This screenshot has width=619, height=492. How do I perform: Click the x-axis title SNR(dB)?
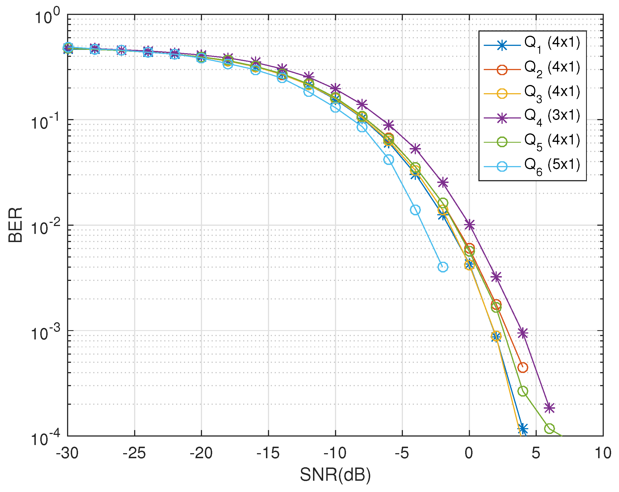pyautogui.click(x=335, y=475)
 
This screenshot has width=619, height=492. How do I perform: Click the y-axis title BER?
pyautogui.click(x=15, y=225)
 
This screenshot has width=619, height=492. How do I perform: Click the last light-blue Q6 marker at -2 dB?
pyautogui.click(x=443, y=267)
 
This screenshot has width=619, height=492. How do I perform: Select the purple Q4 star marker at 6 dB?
pyautogui.click(x=549, y=408)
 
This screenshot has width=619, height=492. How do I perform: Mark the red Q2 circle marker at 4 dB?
pyautogui.click(x=523, y=367)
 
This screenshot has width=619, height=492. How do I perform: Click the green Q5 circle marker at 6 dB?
pyautogui.click(x=549, y=429)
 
